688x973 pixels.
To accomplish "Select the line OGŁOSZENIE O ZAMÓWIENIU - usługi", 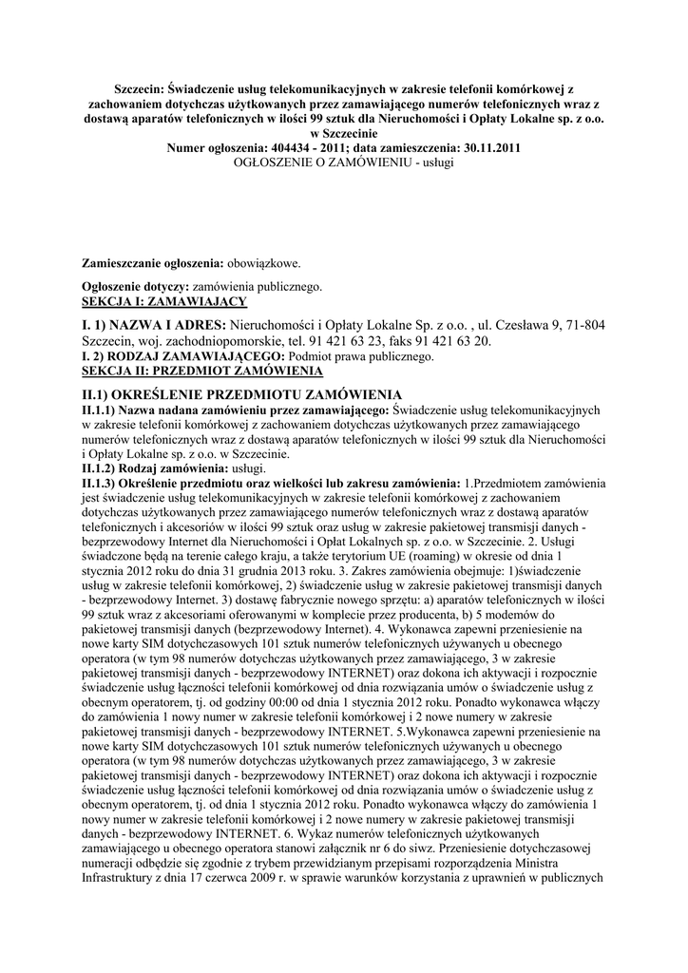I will pyautogui.click(x=344, y=163).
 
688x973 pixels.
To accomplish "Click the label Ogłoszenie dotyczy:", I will pyautogui.click(x=137, y=285).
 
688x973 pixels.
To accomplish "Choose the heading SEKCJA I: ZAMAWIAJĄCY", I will pyautogui.click(x=164, y=300).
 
